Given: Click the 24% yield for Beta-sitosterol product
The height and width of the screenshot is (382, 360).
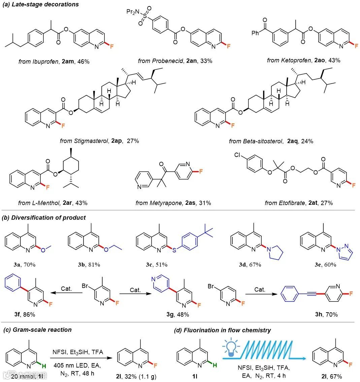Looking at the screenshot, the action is (307, 141).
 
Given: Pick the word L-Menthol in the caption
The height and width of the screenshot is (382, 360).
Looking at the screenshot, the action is (45, 203).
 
